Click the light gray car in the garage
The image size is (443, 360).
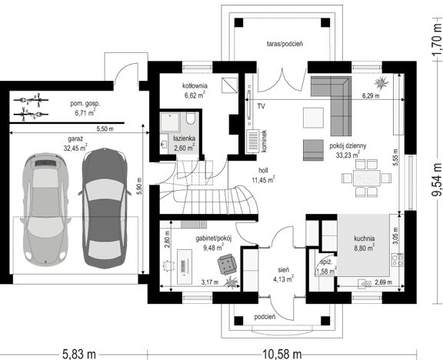pos(46,209)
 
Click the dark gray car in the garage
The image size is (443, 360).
pos(105,208)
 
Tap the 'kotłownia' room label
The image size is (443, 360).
pos(195,85)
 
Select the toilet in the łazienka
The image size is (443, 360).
pos(191,118)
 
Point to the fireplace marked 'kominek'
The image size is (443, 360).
pos(252,141)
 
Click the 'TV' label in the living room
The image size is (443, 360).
pos(261,106)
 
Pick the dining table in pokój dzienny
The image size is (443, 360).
pos(367,178)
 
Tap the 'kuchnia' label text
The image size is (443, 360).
pos(365,238)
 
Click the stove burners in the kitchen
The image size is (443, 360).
pos(397,260)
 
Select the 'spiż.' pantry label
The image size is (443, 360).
pos(325,262)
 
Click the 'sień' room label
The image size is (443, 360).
pos(283,270)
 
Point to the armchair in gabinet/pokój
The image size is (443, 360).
pos(227,264)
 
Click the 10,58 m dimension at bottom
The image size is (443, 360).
pos(282,354)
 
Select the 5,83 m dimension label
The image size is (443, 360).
pos(78,354)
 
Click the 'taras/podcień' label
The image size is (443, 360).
pos(285,44)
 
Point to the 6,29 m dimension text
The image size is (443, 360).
pos(371,96)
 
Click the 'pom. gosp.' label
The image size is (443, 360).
pos(85,103)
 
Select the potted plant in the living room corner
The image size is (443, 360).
pos(381,82)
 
